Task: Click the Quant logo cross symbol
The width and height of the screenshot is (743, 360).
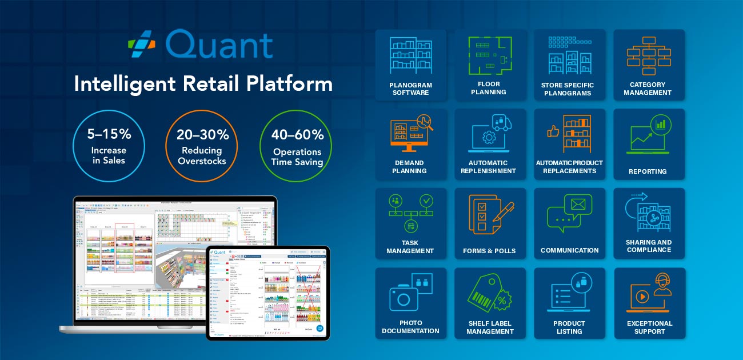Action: (x=139, y=46)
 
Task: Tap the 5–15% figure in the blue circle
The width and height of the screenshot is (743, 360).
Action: (x=109, y=135)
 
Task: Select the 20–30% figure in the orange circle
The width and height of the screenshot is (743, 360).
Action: (x=202, y=135)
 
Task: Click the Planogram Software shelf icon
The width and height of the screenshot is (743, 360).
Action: (x=410, y=55)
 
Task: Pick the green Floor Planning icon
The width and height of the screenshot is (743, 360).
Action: (x=489, y=55)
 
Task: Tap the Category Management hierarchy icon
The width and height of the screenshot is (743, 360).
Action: (x=648, y=55)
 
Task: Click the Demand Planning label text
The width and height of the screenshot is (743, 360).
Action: (x=410, y=166)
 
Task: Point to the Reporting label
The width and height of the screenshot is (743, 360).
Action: (x=648, y=171)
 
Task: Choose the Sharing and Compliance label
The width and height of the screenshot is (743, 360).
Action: (x=648, y=246)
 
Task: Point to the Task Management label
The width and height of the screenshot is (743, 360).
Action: (x=410, y=246)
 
